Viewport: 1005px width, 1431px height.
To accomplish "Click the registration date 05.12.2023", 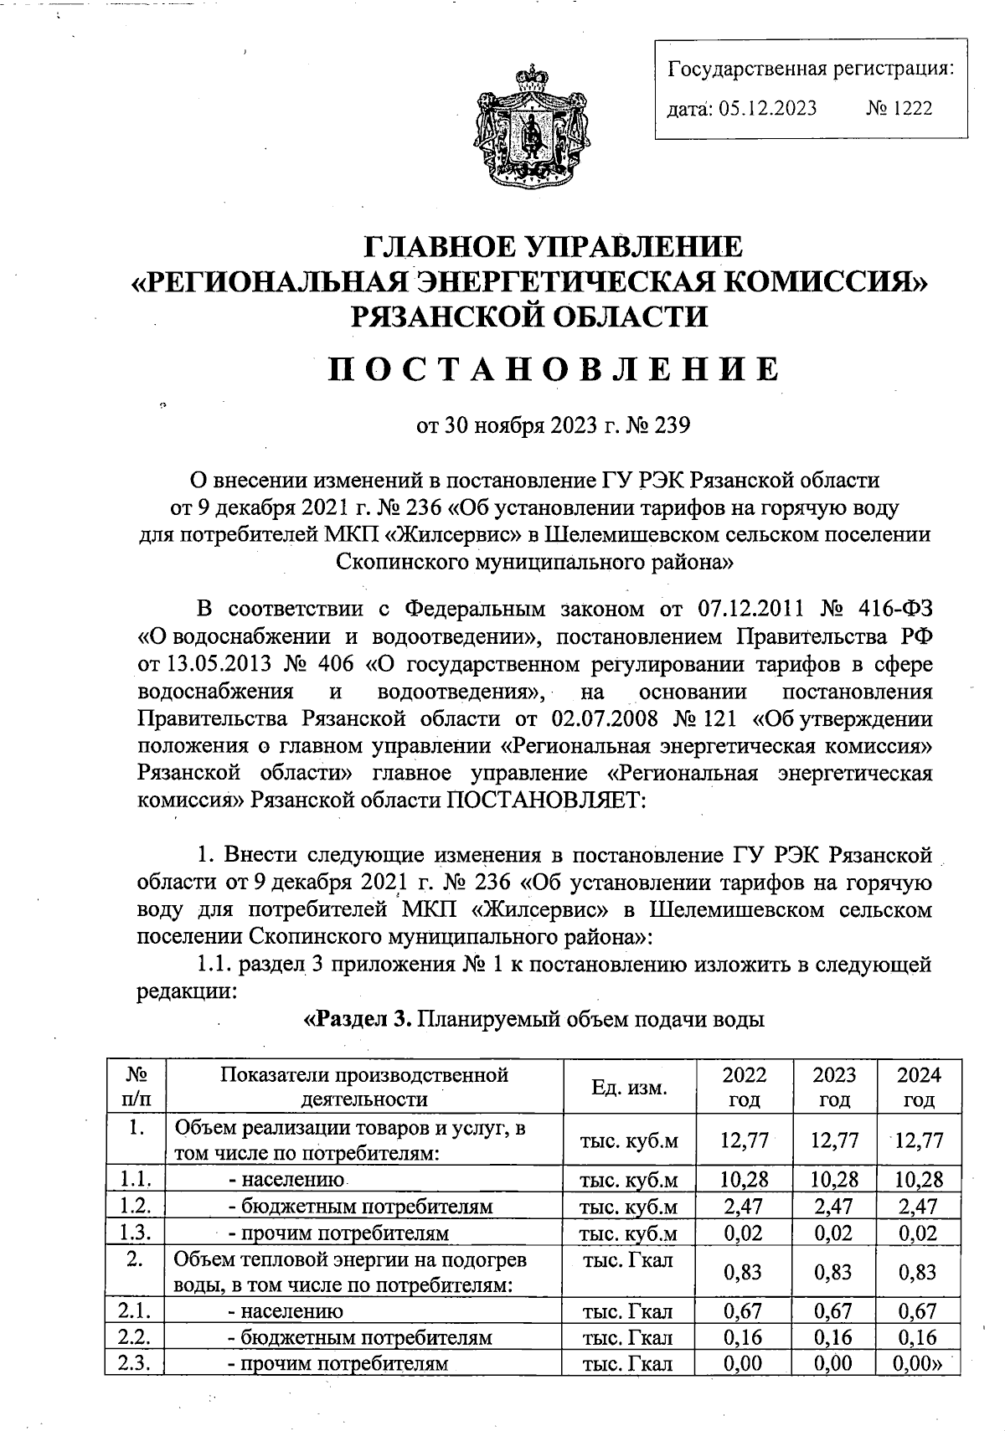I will click(767, 108).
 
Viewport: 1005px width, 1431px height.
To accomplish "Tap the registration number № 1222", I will click(900, 108).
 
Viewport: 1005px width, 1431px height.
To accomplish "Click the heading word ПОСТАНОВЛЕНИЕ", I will click(553, 369).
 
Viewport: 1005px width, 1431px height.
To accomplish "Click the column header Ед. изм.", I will click(629, 1088).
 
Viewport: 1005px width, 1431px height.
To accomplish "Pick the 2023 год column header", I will click(834, 1087).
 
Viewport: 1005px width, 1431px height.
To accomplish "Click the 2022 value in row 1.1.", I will click(744, 1180).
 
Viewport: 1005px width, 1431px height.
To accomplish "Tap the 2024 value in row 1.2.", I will click(919, 1207).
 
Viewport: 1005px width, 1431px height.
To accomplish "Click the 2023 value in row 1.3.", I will click(834, 1233).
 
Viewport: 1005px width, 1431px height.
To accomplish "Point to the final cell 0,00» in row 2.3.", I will click(919, 1362).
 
